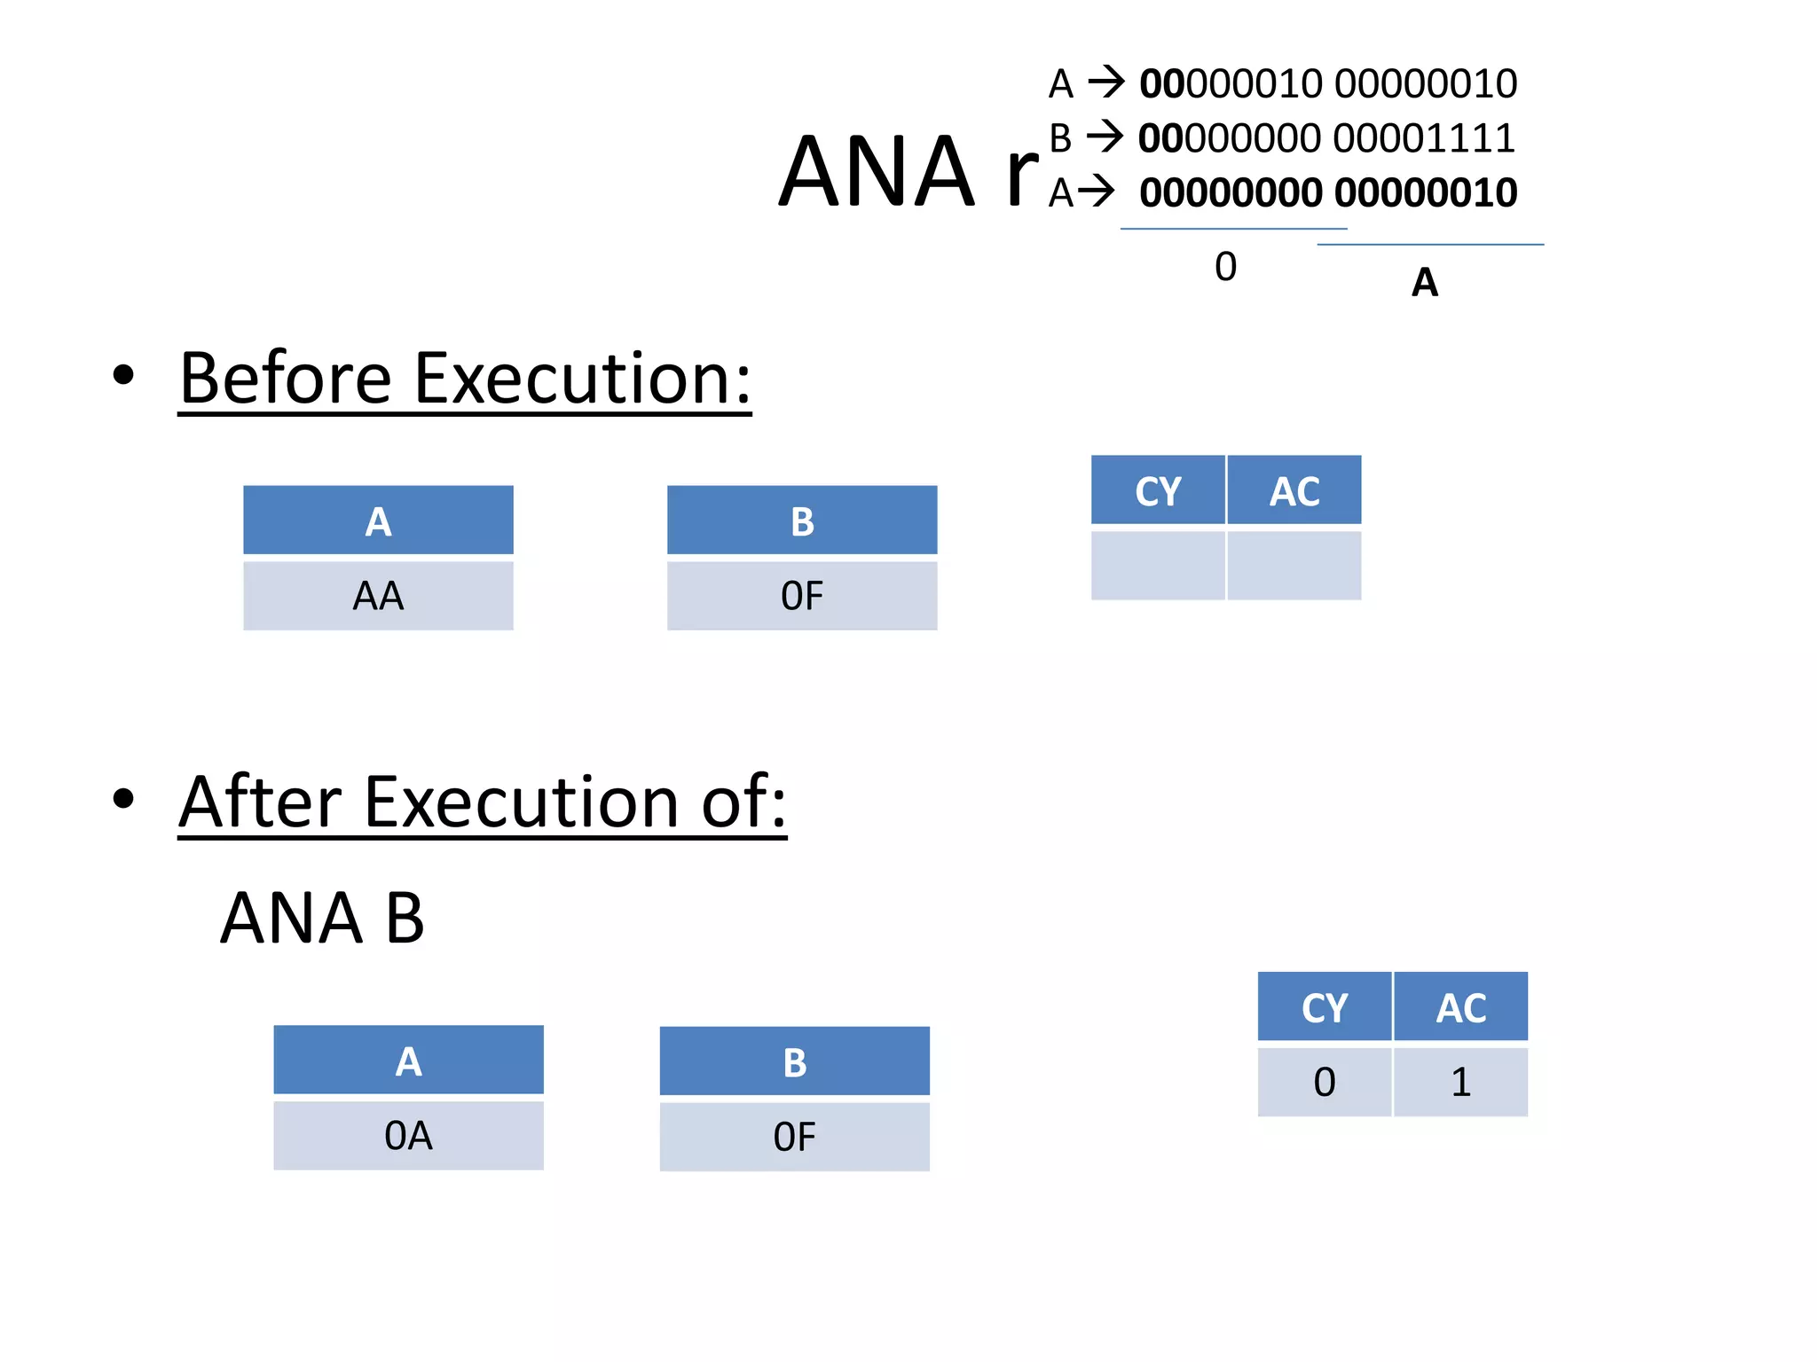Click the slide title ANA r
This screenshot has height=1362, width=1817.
(x=907, y=172)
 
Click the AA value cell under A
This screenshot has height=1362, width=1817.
(x=378, y=596)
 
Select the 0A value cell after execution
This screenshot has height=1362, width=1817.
(x=408, y=1136)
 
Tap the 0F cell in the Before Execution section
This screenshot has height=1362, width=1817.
(x=802, y=596)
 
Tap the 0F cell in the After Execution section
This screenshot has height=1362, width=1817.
(x=794, y=1138)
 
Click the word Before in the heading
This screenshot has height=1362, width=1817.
(x=285, y=379)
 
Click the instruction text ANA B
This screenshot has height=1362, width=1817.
(x=322, y=919)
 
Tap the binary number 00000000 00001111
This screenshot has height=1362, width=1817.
(x=1326, y=138)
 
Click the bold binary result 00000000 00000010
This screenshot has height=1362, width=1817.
(x=1327, y=192)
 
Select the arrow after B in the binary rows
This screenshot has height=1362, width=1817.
(x=1105, y=137)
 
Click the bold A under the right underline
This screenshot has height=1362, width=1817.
(x=1424, y=283)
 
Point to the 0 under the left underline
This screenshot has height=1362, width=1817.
(x=1225, y=267)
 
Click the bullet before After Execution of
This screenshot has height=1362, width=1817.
(x=123, y=798)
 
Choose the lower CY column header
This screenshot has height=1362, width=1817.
(x=1324, y=1007)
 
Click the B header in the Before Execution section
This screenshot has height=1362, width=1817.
(x=802, y=521)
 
